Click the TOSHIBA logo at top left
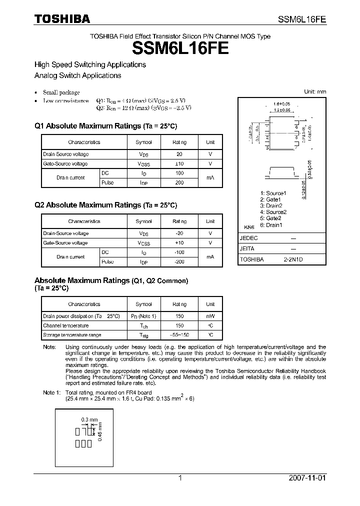[x=62, y=19]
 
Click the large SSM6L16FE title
[x=180, y=48]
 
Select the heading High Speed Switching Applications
[x=90, y=64]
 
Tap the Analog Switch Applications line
[x=77, y=75]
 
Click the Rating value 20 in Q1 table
[x=179, y=154]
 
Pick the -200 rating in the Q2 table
[x=179, y=261]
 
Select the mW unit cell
[x=210, y=316]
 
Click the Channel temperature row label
[x=65, y=325]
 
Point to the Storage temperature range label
[x=72, y=335]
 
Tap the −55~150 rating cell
[x=179, y=335]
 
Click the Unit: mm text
[x=315, y=91]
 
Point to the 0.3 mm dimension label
[x=89, y=419]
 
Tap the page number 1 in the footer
[x=180, y=478]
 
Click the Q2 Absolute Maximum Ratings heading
[x=105, y=205]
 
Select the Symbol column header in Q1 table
[x=143, y=142]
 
